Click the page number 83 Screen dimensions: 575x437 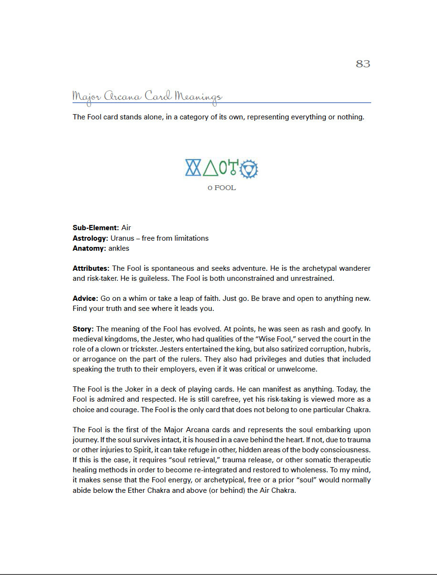click(x=363, y=64)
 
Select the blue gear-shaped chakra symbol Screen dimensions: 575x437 click(x=248, y=169)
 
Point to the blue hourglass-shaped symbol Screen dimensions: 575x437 click(x=193, y=168)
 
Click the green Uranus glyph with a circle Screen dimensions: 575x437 click(x=233, y=168)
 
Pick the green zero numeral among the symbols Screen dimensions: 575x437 click(x=223, y=168)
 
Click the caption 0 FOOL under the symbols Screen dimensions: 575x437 click(x=221, y=188)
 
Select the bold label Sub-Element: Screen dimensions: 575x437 click(x=96, y=228)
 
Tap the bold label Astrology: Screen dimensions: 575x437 click(x=91, y=238)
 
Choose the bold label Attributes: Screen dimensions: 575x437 click(x=91, y=269)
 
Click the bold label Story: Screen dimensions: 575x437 click(x=83, y=329)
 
